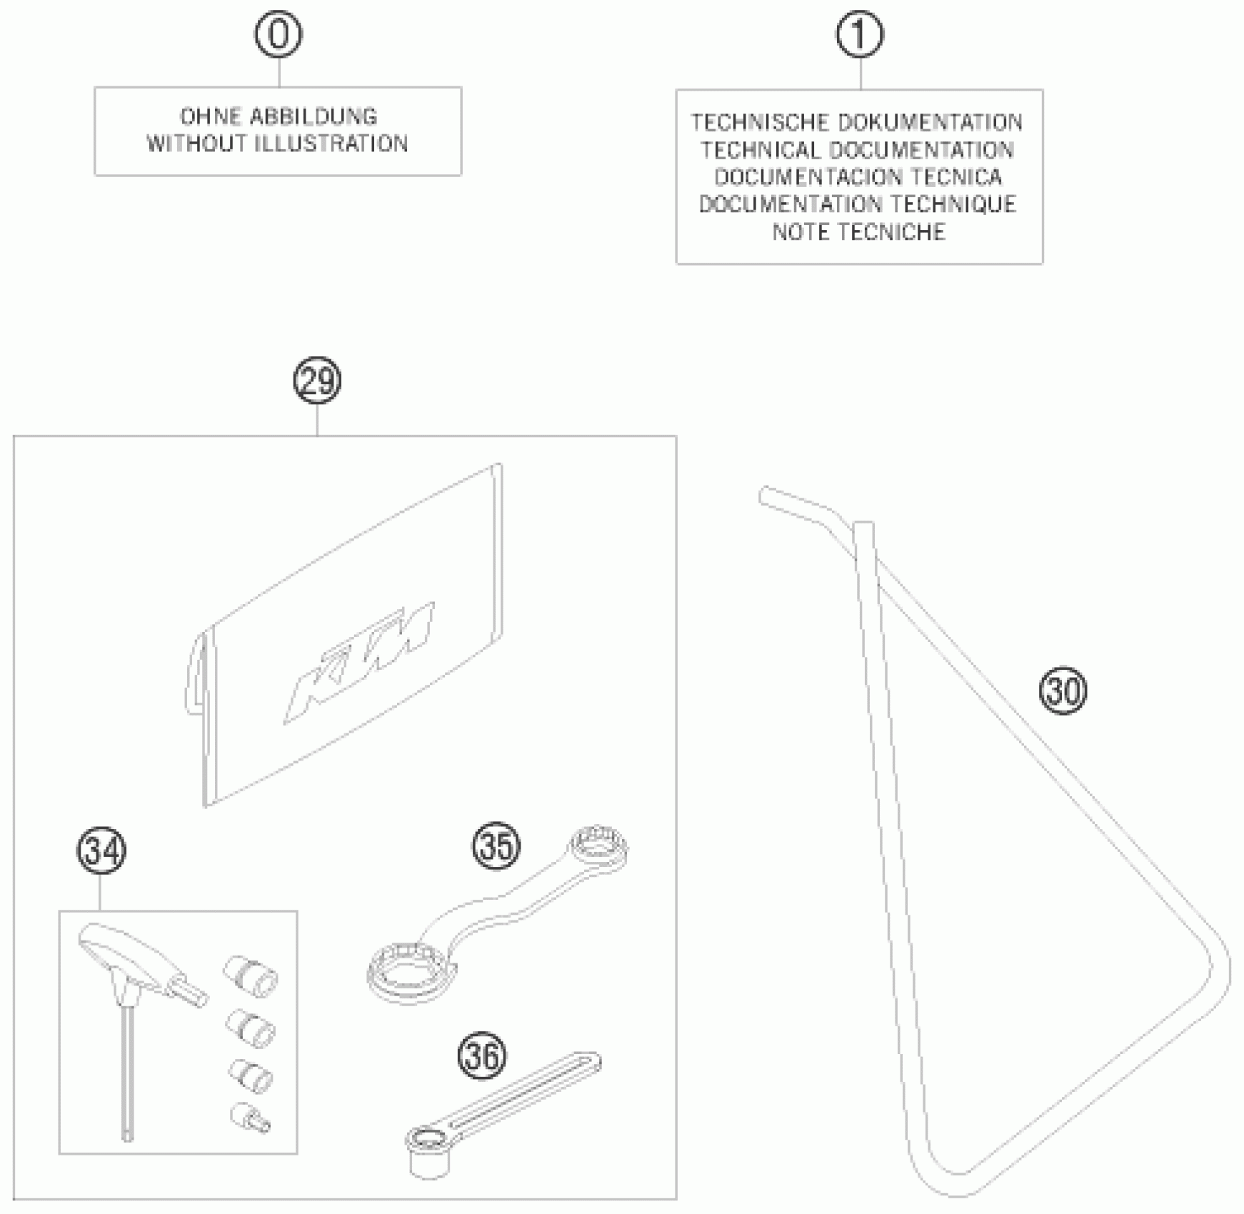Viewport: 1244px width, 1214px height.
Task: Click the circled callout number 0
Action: (279, 34)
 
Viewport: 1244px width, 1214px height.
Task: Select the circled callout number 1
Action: (860, 34)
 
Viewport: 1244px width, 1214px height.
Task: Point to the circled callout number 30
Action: (1063, 691)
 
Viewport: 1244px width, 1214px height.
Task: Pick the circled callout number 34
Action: (101, 851)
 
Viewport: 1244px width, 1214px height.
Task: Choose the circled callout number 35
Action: (496, 847)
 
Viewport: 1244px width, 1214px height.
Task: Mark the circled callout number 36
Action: (482, 1056)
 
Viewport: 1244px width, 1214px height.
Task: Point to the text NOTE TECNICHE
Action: (859, 232)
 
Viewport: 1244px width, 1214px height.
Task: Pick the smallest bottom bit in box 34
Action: (249, 1118)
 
